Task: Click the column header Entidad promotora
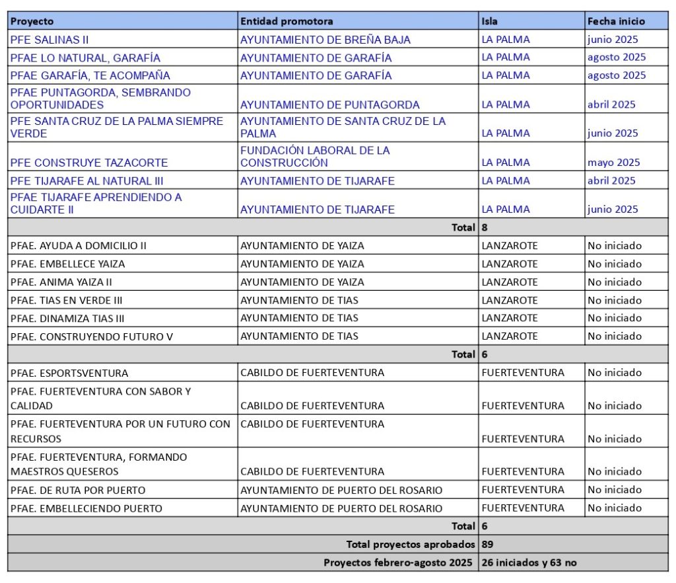[x=287, y=21]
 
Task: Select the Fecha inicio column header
[x=616, y=21]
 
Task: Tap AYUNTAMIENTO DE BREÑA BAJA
[x=325, y=40]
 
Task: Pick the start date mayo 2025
[x=613, y=163]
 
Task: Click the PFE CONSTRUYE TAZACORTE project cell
[x=89, y=163]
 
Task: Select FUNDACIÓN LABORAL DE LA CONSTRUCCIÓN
[x=315, y=157]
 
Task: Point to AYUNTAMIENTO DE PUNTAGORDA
[x=330, y=104]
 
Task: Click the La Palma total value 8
[x=485, y=227]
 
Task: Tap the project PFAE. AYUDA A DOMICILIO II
[x=79, y=246]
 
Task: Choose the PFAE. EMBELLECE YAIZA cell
[x=68, y=264]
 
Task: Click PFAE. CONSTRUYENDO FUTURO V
[x=92, y=336]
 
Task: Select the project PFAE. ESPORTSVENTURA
[x=69, y=373]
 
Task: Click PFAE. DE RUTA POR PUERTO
[x=78, y=490]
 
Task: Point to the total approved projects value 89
[x=489, y=545]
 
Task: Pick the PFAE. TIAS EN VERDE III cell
[x=67, y=300]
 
